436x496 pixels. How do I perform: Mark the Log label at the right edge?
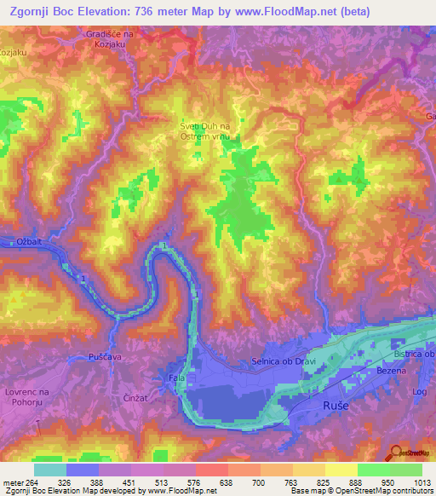418,392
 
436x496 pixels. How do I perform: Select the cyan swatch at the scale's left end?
50,470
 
